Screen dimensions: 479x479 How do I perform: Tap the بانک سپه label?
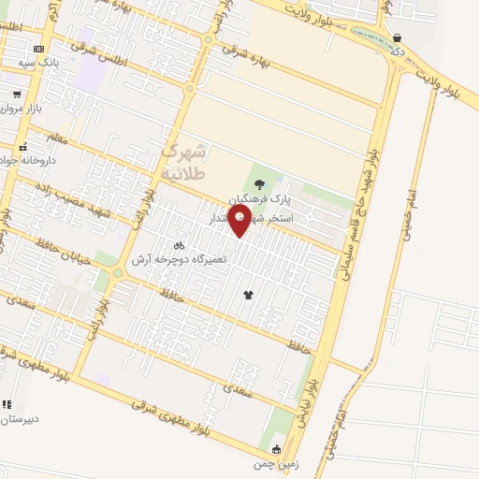point(38,63)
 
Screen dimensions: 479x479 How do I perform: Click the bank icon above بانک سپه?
point(38,49)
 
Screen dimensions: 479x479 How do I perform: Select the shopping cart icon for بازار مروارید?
point(17,94)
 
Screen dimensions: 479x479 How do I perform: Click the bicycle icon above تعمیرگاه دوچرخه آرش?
point(180,245)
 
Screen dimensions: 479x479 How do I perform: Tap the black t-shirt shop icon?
point(248,295)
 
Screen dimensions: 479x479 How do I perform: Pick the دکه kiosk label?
point(398,51)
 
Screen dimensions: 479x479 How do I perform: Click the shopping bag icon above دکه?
point(398,38)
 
